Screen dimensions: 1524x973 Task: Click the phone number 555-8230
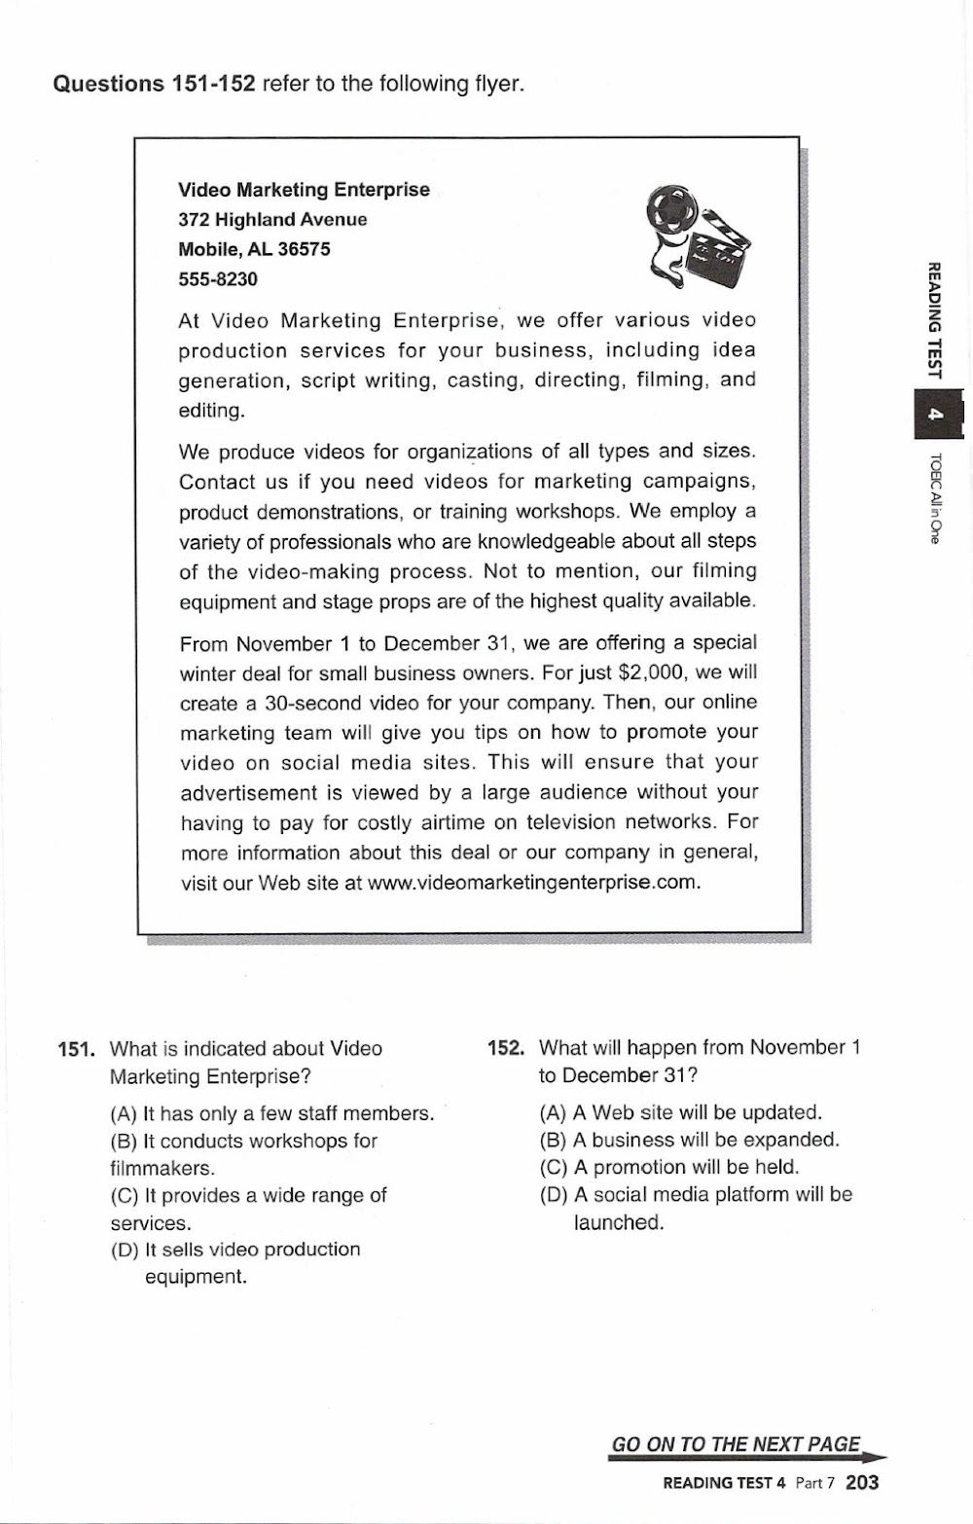click(218, 279)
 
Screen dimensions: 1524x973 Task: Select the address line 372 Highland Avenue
click(272, 219)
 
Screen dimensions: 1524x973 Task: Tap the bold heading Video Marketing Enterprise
click(304, 190)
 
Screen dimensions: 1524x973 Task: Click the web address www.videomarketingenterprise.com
click(533, 883)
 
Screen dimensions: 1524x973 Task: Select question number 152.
click(506, 1048)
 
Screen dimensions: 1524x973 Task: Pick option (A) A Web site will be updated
click(681, 1112)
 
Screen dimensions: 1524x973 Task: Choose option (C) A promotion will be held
click(669, 1167)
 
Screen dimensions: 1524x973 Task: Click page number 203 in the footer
click(862, 1482)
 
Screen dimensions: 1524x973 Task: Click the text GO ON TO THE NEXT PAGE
click(737, 1444)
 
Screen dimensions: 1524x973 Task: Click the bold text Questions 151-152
click(154, 84)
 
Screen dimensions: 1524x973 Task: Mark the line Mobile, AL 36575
click(254, 249)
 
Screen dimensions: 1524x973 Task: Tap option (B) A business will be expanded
click(690, 1140)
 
